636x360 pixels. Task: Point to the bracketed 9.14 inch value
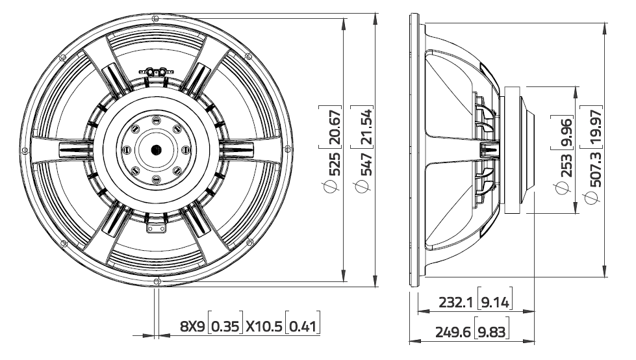click(x=494, y=302)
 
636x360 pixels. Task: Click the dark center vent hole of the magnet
click(x=156, y=149)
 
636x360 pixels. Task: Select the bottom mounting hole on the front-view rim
click(x=157, y=281)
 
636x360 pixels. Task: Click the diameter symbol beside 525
click(x=335, y=188)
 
